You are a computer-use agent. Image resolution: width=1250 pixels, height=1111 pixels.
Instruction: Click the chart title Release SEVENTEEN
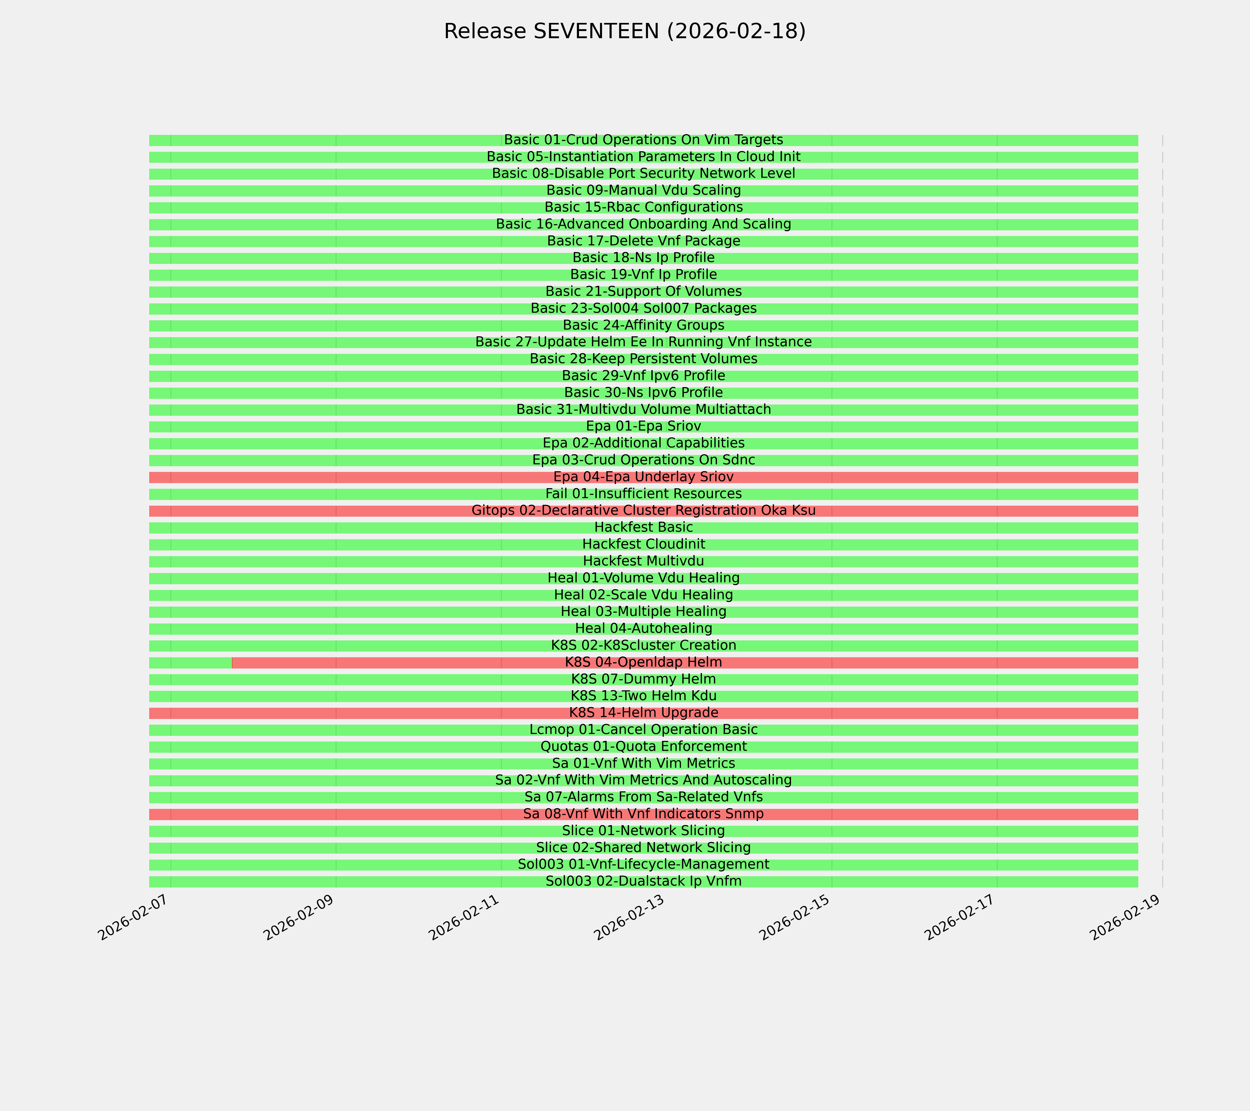click(624, 31)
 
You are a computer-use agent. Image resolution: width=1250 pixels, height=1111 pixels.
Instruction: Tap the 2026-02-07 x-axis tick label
click(134, 921)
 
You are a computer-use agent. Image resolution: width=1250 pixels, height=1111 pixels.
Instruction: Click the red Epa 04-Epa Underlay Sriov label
click(643, 477)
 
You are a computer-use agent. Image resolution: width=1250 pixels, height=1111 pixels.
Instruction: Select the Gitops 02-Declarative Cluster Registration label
click(643, 511)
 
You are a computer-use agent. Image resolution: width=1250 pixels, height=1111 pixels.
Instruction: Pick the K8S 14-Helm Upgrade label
click(643, 713)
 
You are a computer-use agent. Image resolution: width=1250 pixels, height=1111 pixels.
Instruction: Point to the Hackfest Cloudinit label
click(643, 544)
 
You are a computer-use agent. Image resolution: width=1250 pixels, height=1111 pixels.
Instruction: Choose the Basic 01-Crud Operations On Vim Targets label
click(643, 140)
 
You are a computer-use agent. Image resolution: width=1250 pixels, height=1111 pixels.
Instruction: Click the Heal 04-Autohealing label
click(643, 629)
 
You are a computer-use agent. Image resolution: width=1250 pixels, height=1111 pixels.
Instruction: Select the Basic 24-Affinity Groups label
click(643, 325)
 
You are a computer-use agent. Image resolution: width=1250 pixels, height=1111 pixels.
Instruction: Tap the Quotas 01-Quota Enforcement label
click(643, 747)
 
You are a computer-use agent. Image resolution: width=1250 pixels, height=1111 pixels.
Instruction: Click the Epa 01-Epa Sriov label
click(643, 426)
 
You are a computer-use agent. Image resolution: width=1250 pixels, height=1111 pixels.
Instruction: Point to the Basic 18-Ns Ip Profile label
click(643, 258)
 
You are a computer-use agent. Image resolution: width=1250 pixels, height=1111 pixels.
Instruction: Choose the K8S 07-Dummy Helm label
click(643, 679)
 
